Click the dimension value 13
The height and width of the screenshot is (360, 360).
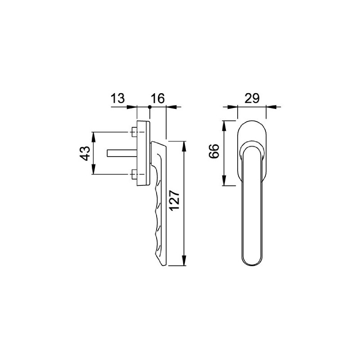(117, 99)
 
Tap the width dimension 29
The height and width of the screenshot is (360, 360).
(252, 99)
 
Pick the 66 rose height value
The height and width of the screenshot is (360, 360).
(214, 153)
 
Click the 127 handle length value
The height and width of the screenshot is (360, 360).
(175, 201)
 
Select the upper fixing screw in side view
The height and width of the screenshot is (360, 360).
(134, 132)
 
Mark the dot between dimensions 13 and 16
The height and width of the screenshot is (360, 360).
(150, 107)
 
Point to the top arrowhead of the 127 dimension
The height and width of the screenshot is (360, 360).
(184, 145)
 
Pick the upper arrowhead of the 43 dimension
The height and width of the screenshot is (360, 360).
(94, 135)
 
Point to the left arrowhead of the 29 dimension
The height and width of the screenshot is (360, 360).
(233, 107)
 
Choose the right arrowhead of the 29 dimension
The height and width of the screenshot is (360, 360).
(270, 107)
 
